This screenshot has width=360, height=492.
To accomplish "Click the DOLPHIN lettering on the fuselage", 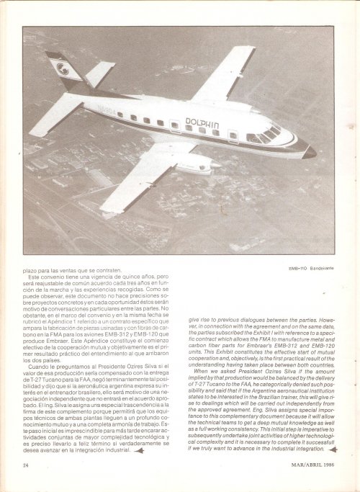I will click(x=202, y=122).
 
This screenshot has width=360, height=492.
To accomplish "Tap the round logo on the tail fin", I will click(x=62, y=69).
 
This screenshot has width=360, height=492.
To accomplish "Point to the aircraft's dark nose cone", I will click(x=309, y=152).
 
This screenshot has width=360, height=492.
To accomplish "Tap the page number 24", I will click(x=25, y=465).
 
